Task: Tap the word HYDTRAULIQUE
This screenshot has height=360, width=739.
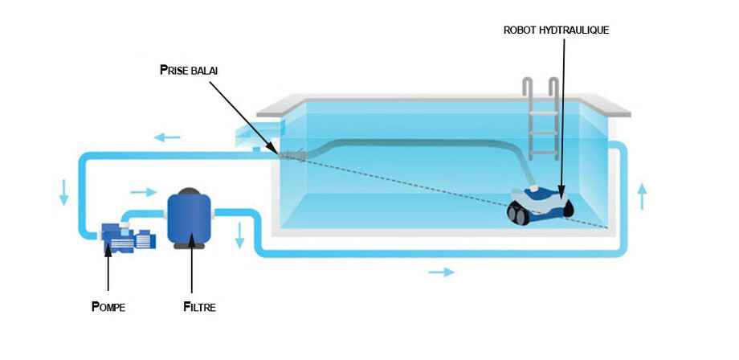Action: (581, 30)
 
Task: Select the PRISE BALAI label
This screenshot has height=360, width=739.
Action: (189, 71)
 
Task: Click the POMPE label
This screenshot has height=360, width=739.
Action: (108, 306)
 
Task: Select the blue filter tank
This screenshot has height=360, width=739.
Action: (190, 216)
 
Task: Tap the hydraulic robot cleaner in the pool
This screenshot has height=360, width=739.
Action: (538, 202)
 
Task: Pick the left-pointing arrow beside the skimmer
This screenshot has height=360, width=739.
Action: (168, 137)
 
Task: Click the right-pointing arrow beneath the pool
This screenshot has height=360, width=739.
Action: (441, 272)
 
